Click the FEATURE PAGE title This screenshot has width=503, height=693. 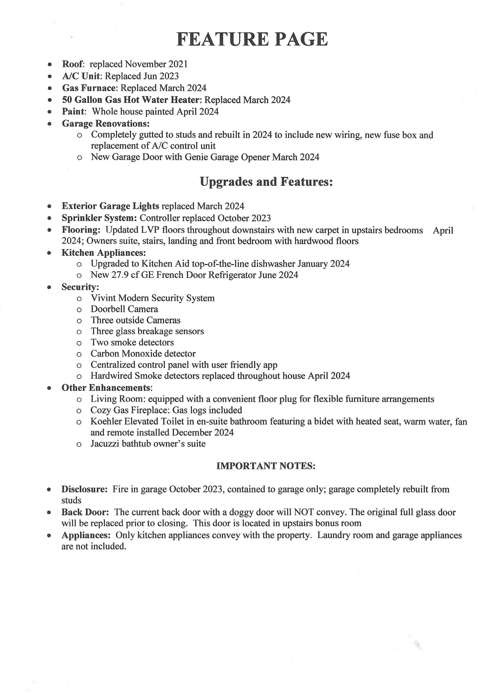tap(252, 39)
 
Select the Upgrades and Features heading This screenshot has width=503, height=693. tap(266, 182)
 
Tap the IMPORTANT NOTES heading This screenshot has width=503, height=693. tap(266, 466)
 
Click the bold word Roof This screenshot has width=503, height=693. tap(73, 64)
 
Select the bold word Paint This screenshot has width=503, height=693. tap(73, 112)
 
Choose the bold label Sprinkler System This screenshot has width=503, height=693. tap(99, 218)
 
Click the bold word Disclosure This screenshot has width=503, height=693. tap(84, 489)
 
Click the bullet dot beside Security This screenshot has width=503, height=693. tap(50, 287)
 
